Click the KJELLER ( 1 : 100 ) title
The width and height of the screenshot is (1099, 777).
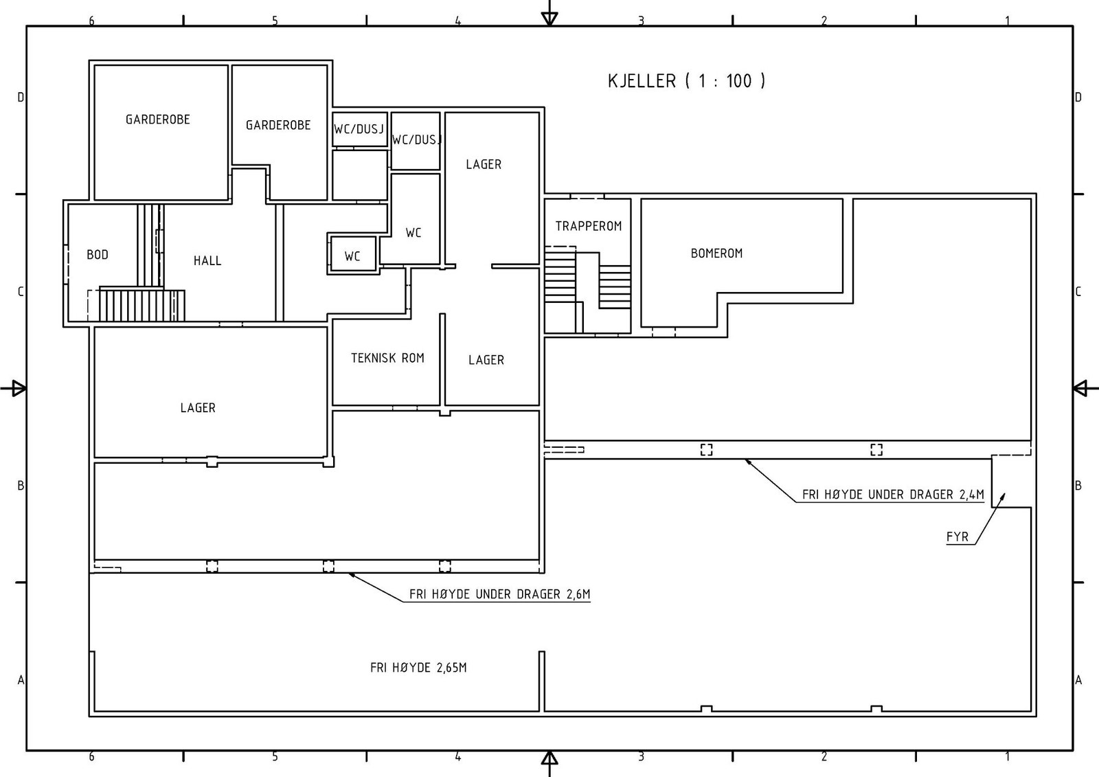tap(686, 81)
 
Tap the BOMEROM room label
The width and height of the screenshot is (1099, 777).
tap(716, 254)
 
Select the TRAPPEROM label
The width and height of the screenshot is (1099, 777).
tap(588, 226)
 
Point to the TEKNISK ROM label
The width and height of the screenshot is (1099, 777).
tap(387, 359)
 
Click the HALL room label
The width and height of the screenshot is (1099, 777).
tap(207, 260)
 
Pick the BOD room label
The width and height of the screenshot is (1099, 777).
tap(97, 255)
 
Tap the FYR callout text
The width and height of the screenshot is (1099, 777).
tap(958, 537)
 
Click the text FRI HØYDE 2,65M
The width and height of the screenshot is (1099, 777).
tap(418, 668)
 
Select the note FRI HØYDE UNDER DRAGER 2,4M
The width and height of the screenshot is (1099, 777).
tap(893, 495)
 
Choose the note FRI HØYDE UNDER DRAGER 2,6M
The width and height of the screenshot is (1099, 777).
tap(499, 594)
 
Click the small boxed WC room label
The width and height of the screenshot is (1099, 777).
tap(352, 256)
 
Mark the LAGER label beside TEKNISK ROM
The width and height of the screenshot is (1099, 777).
tap(486, 360)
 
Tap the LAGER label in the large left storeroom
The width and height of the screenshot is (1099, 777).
tap(198, 408)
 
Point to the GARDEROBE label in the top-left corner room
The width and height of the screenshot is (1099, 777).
tap(157, 120)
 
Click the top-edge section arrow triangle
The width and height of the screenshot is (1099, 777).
tap(549, 19)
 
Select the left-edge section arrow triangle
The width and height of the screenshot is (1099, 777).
tap(19, 388)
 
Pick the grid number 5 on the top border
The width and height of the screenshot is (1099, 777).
tap(275, 21)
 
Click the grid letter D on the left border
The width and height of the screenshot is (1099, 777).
tap(21, 98)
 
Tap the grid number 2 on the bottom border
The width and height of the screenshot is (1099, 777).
tap(824, 757)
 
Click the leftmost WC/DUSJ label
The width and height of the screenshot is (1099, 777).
tap(359, 129)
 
